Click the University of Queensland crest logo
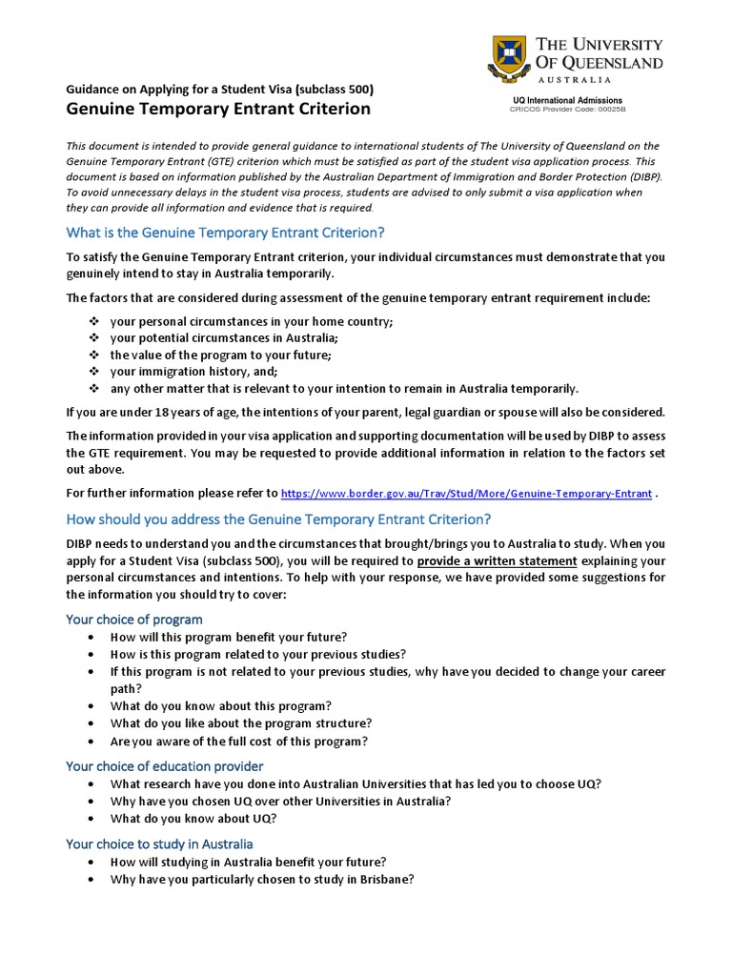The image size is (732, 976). pyautogui.click(x=507, y=58)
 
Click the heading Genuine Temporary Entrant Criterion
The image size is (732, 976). pyautogui.click(x=217, y=109)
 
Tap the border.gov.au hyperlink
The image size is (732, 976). pyautogui.click(x=467, y=494)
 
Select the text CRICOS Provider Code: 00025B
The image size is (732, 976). pyautogui.click(x=567, y=109)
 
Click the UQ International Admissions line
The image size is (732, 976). pyautogui.click(x=567, y=99)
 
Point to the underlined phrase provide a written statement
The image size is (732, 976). pyautogui.click(x=497, y=560)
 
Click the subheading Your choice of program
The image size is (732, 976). pyautogui.click(x=133, y=619)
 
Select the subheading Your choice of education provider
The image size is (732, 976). pyautogui.click(x=164, y=765)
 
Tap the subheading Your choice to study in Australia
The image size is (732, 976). pyautogui.click(x=159, y=844)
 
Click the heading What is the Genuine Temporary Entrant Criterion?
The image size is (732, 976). pyautogui.click(x=225, y=233)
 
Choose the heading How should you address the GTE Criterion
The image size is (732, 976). pyautogui.click(x=278, y=519)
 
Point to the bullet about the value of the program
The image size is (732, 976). pyautogui.click(x=220, y=355)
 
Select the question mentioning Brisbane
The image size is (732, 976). pyautogui.click(x=261, y=880)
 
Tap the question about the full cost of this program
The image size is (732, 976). pyautogui.click(x=238, y=741)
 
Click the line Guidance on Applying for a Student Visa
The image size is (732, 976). pyautogui.click(x=219, y=89)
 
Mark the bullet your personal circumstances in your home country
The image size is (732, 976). pyautogui.click(x=251, y=321)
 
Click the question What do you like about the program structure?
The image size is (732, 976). pyautogui.click(x=240, y=723)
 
